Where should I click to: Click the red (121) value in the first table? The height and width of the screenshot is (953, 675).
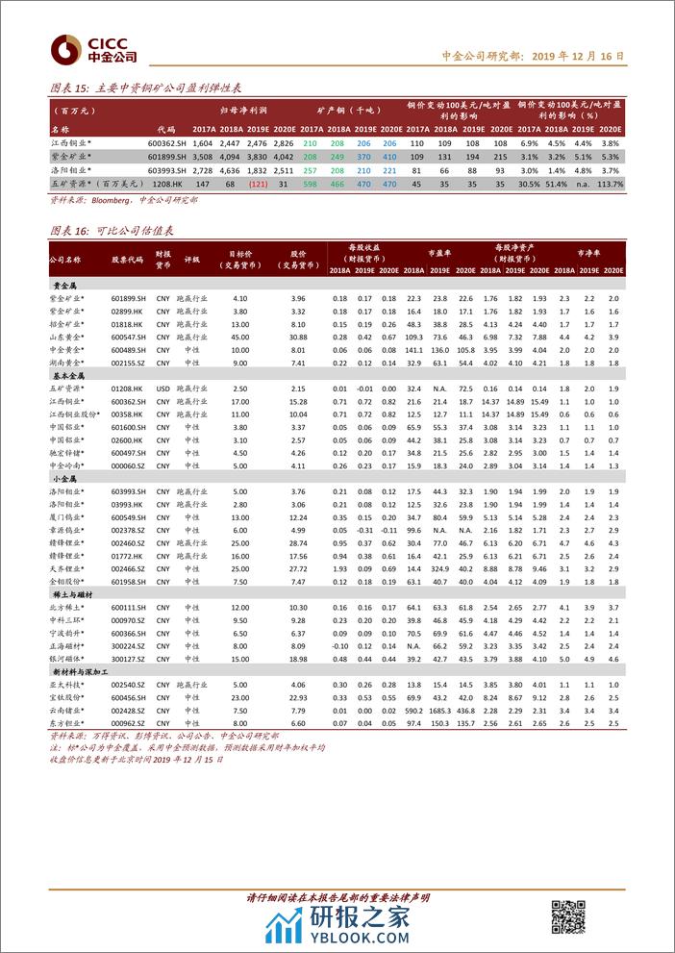(259, 183)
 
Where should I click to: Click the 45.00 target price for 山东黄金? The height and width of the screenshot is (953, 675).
(239, 337)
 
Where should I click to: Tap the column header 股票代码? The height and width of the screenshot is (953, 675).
(127, 260)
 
